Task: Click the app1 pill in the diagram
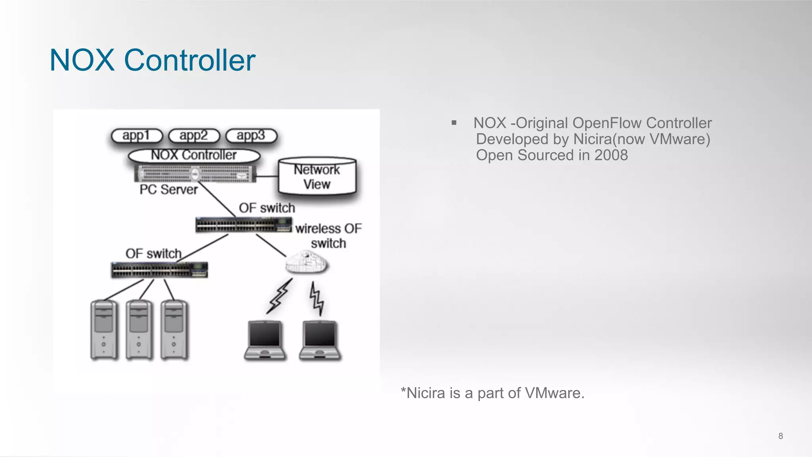[137, 136]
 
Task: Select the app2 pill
[194, 136]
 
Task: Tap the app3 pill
[251, 136]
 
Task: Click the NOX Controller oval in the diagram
[194, 155]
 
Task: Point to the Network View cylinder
[317, 177]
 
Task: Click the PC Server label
[169, 189]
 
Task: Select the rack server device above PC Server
[195, 173]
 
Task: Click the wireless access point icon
[306, 262]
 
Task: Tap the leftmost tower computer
[104, 330]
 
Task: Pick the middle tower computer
[139, 330]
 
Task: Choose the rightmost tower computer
[174, 330]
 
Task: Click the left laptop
[265, 340]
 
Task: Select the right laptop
[320, 340]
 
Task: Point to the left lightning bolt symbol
[280, 296]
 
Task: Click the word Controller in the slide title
[190, 60]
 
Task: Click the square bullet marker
[454, 123]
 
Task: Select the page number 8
[780, 436]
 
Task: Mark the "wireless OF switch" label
[328, 236]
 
